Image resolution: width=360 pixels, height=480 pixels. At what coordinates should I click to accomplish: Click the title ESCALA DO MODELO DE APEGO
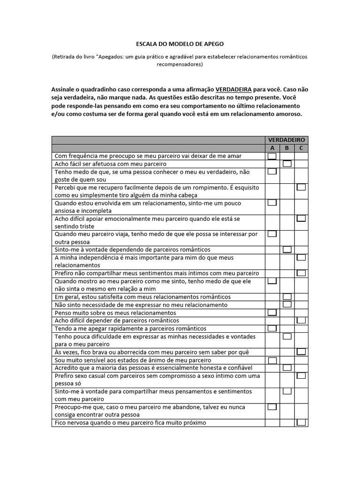click(x=180, y=44)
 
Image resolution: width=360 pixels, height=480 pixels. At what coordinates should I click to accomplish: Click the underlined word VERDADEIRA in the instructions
click(x=233, y=89)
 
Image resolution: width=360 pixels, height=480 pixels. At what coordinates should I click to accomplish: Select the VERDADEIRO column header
click(x=286, y=140)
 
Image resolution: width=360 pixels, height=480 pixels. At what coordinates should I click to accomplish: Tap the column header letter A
click(x=272, y=148)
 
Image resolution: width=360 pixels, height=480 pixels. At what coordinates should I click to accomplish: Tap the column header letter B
click(x=287, y=148)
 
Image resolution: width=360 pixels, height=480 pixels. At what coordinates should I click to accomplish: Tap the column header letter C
click(x=301, y=148)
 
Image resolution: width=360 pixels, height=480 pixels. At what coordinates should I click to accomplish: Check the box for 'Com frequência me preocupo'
click(x=272, y=156)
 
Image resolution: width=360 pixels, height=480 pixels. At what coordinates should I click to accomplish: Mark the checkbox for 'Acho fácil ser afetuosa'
click(x=287, y=164)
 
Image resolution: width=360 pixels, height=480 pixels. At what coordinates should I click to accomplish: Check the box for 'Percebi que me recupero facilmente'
click(x=301, y=187)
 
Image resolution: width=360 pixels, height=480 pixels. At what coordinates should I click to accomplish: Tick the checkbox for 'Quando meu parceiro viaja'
click(x=272, y=233)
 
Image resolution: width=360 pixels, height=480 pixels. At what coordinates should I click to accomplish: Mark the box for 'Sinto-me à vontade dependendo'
click(x=287, y=249)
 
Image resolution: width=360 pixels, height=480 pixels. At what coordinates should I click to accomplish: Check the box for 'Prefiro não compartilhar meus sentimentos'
click(x=301, y=273)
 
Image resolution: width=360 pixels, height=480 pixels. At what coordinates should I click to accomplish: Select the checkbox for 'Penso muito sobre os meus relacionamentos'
click(x=272, y=312)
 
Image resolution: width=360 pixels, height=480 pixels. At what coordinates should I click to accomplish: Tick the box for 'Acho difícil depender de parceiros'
click(x=301, y=320)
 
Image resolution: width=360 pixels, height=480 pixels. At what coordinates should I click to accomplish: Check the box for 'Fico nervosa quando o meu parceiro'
click(x=301, y=422)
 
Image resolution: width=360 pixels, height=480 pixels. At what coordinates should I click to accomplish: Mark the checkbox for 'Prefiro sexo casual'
click(x=301, y=375)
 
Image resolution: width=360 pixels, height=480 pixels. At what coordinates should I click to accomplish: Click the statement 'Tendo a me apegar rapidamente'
click(x=130, y=329)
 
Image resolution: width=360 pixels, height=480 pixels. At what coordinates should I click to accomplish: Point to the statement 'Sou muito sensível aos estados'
click(x=133, y=360)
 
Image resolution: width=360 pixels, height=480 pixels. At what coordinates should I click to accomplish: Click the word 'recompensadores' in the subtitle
click(x=180, y=65)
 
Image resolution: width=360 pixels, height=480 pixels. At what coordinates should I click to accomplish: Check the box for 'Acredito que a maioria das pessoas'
click(x=287, y=367)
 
